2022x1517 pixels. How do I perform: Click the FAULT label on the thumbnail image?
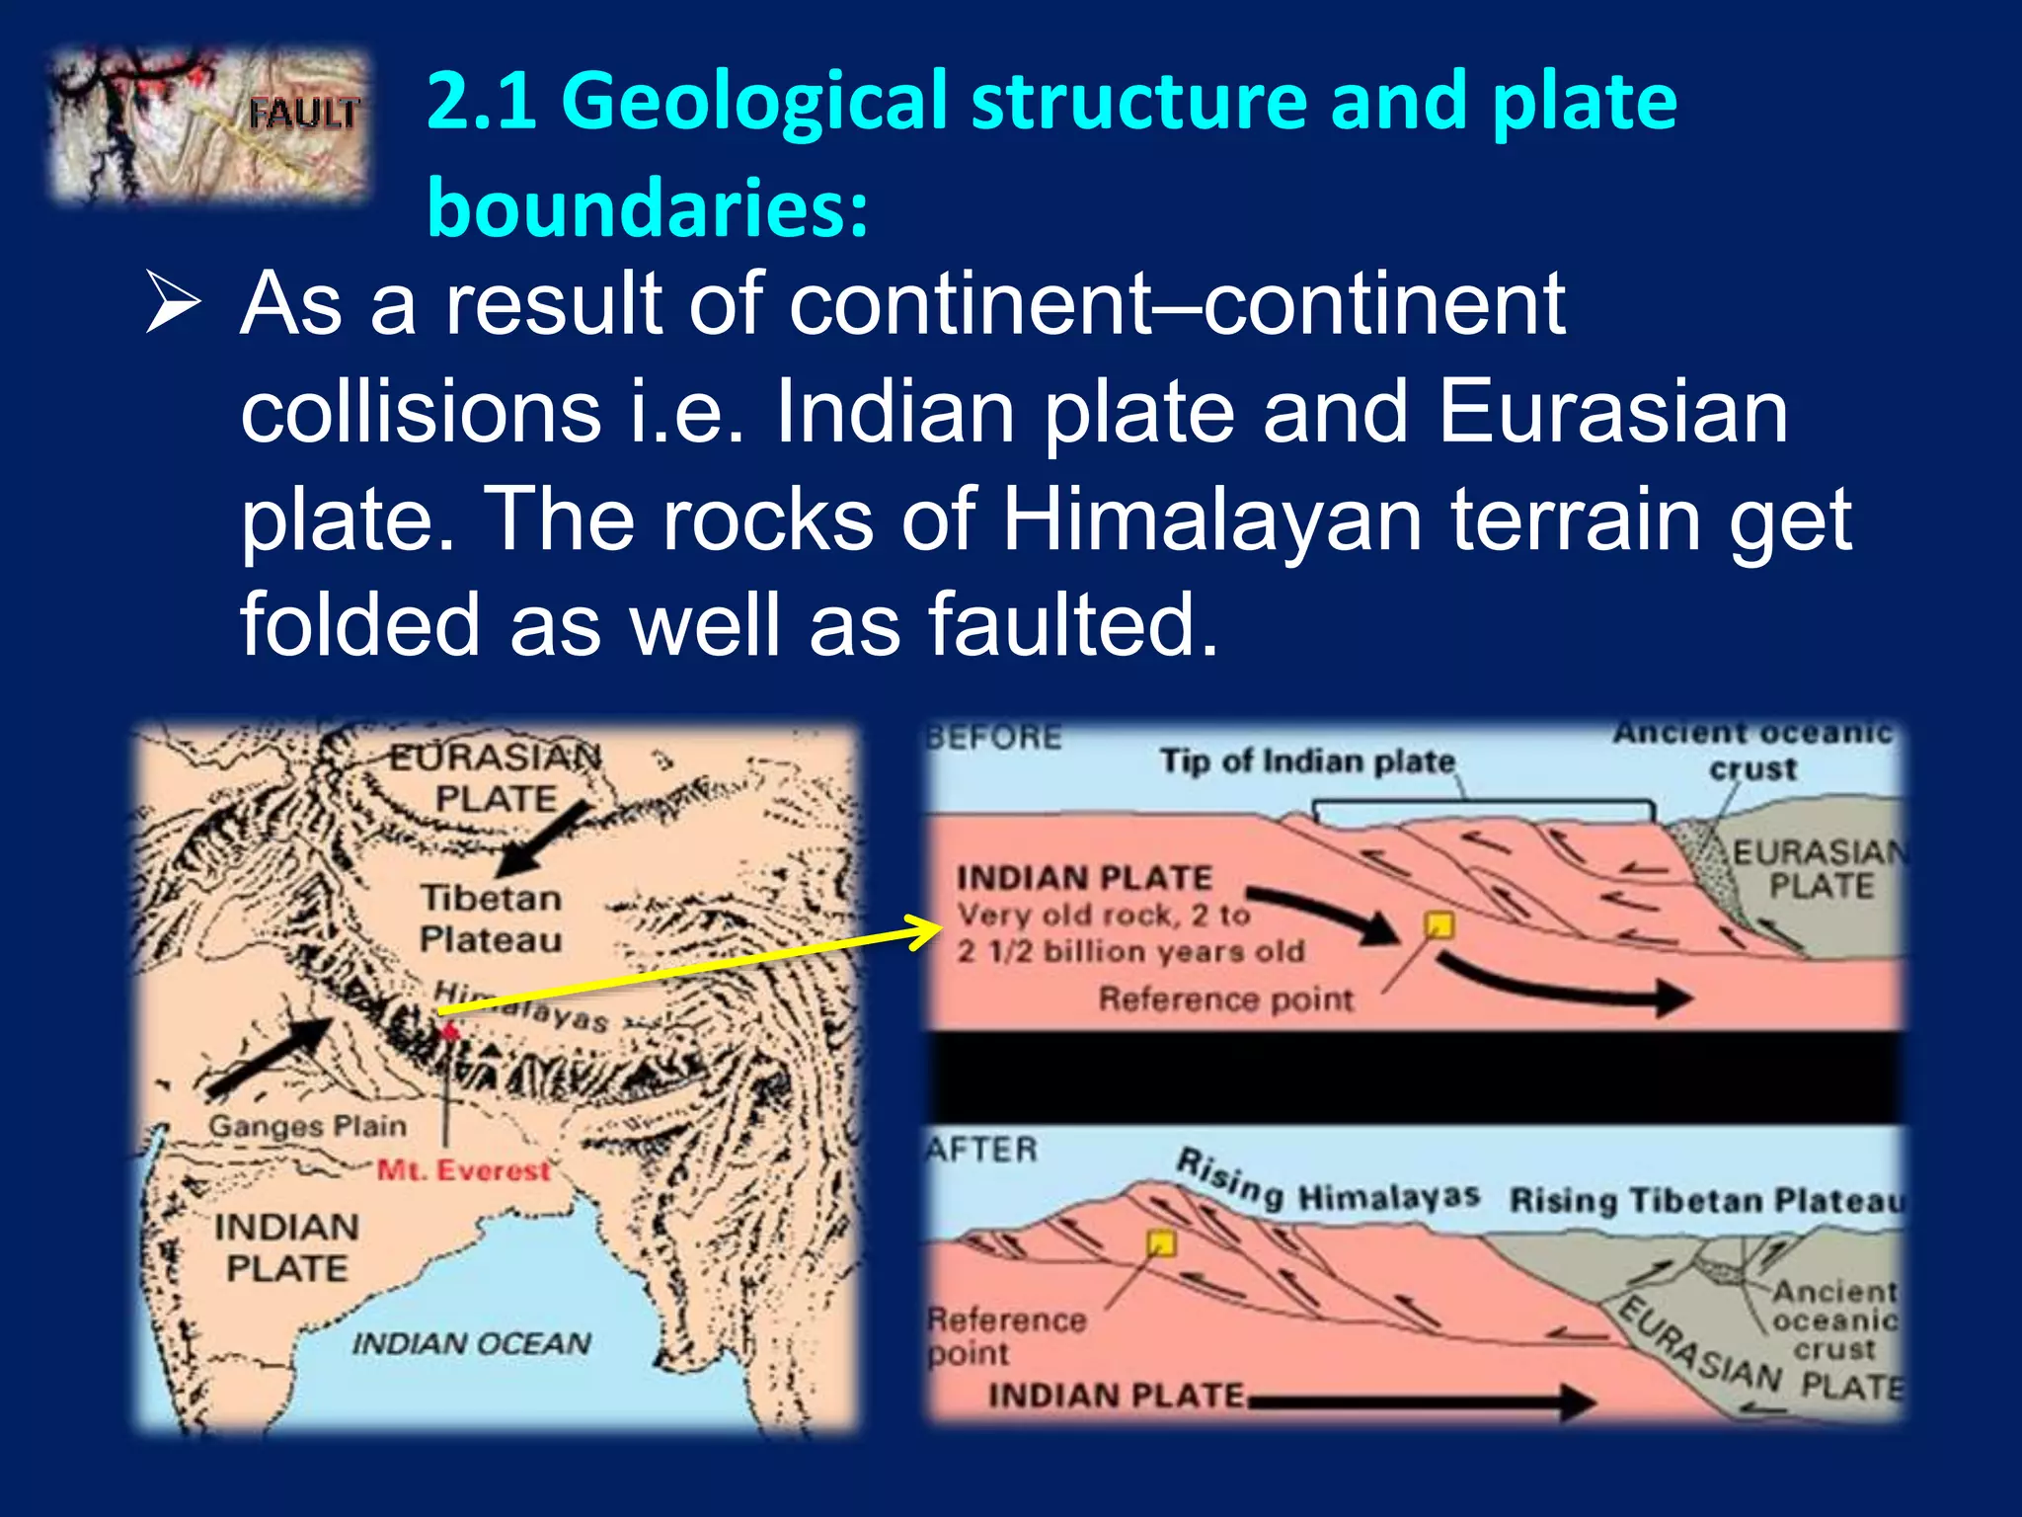(301, 114)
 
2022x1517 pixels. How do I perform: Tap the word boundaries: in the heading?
(647, 207)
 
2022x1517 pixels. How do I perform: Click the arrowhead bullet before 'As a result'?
(173, 304)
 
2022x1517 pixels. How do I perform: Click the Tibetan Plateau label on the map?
(490, 918)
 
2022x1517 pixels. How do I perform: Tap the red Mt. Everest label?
(462, 1171)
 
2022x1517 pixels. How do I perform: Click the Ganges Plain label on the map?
(307, 1126)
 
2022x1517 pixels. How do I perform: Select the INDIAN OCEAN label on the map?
(471, 1344)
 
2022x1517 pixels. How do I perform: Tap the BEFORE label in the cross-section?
(993, 738)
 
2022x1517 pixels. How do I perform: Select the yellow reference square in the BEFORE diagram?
(1439, 925)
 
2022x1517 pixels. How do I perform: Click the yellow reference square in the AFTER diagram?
(1161, 1242)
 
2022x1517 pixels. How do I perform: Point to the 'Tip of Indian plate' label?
(1306, 761)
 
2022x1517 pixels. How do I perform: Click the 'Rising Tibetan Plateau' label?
(1706, 1201)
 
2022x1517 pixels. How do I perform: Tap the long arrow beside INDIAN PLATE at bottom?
(1422, 1399)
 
